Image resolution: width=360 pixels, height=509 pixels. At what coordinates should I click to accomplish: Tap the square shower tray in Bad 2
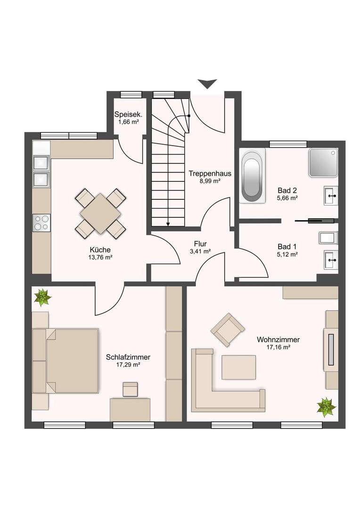click(324, 163)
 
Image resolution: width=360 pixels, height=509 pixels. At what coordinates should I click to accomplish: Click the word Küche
click(100, 250)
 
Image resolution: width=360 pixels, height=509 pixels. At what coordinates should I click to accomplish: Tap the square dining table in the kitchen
click(101, 213)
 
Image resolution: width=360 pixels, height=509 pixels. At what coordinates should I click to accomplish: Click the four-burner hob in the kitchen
click(41, 222)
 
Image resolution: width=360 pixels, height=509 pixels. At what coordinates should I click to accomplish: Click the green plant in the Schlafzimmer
click(43, 297)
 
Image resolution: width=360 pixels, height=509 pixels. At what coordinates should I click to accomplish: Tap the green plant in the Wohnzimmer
click(326, 407)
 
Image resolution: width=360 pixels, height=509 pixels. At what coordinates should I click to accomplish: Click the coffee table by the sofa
click(239, 367)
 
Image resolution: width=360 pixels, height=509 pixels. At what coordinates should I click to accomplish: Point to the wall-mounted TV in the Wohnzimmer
click(331, 349)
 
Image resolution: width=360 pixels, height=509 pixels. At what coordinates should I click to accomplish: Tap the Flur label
click(200, 244)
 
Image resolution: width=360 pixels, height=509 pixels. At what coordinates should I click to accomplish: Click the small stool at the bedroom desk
click(130, 389)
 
